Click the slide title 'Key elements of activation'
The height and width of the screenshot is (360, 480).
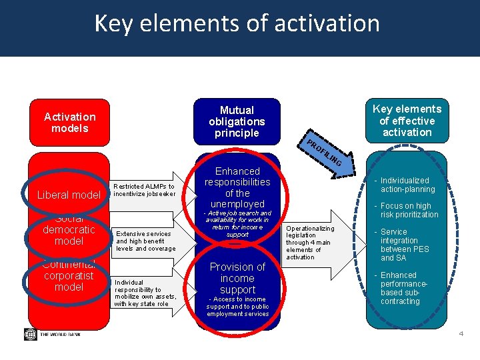pyautogui.click(x=237, y=23)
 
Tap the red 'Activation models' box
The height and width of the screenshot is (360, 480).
pyautogui.click(x=70, y=122)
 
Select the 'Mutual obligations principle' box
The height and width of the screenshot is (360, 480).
pyautogui.click(x=237, y=122)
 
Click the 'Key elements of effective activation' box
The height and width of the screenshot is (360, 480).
pyautogui.click(x=407, y=121)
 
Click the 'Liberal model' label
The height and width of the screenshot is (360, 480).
pyautogui.click(x=69, y=195)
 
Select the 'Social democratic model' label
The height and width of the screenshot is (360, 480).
pyautogui.click(x=69, y=229)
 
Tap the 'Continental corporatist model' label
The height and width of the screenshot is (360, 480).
pyautogui.click(x=69, y=275)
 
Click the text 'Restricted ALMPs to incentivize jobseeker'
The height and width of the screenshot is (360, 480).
pyautogui.click(x=144, y=190)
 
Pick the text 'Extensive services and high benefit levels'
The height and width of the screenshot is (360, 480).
pyautogui.click(x=145, y=241)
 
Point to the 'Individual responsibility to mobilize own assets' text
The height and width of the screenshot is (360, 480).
pyautogui.click(x=145, y=293)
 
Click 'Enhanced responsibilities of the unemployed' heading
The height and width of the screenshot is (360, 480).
pyautogui.click(x=237, y=187)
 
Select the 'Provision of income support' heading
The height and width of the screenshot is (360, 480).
pyautogui.click(x=237, y=278)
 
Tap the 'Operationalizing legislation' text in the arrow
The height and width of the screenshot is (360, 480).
pyautogui.click(x=310, y=243)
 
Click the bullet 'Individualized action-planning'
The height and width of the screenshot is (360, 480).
pyautogui.click(x=407, y=185)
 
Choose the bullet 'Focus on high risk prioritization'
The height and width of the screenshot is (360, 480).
pyautogui.click(x=408, y=210)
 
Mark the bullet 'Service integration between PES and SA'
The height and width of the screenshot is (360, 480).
pyautogui.click(x=404, y=245)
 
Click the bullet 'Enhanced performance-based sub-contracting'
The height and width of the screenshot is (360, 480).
pyautogui.click(x=404, y=288)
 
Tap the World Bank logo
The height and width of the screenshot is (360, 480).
pyautogui.click(x=50, y=334)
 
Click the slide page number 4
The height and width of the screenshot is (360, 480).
pyautogui.click(x=460, y=333)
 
